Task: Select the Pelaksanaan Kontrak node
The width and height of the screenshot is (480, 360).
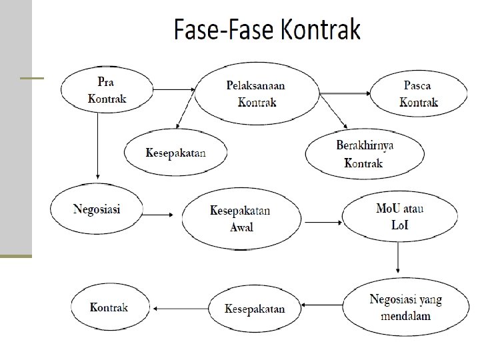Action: pyautogui.click(x=257, y=94)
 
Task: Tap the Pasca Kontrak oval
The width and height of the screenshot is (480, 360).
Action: pyautogui.click(x=418, y=94)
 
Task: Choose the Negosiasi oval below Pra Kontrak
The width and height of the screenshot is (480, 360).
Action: pyautogui.click(x=96, y=209)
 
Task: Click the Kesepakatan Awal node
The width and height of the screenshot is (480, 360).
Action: pyautogui.click(x=240, y=218)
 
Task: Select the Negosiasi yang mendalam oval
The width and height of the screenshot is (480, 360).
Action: pyautogui.click(x=405, y=307)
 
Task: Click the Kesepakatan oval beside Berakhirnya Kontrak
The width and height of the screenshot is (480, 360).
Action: pyautogui.click(x=175, y=152)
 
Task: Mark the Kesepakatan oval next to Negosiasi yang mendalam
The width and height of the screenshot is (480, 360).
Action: pyautogui.click(x=255, y=309)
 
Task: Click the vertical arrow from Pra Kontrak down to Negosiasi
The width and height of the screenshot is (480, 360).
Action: pyautogui.click(x=98, y=147)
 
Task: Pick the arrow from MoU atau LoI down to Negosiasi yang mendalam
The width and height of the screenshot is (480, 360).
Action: pyautogui.click(x=398, y=257)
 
